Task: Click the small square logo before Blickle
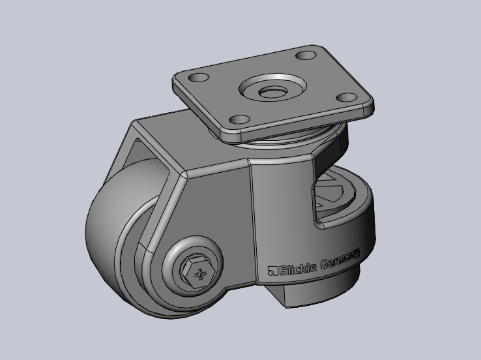273,271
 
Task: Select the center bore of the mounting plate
272,91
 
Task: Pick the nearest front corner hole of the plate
240,120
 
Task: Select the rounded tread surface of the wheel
104,248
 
